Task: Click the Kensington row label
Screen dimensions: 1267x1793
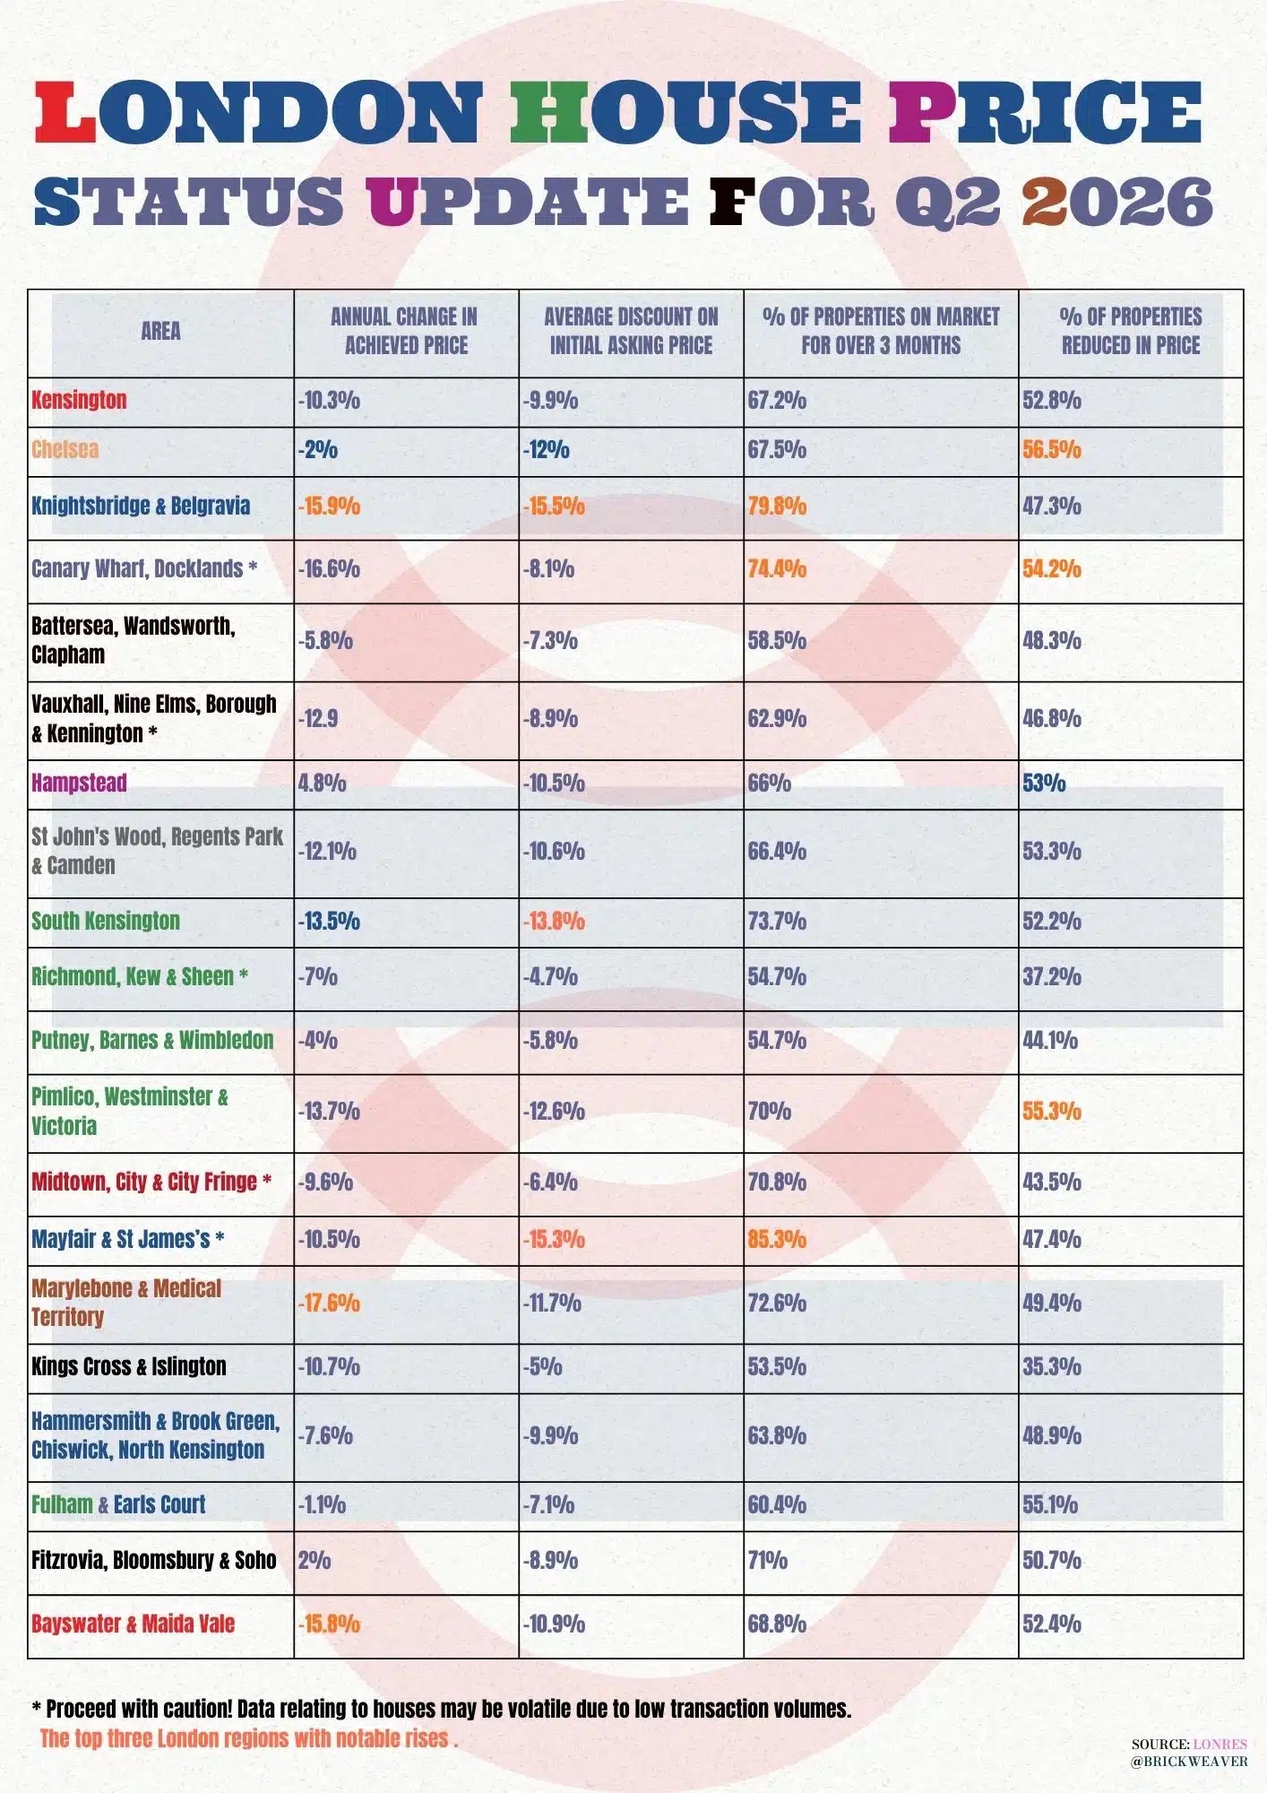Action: [x=79, y=400]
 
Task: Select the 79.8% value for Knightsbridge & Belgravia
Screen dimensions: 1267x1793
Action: [x=777, y=507]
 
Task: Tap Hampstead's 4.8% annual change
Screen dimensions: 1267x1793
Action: [x=322, y=783]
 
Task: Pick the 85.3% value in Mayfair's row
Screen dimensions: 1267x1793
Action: [x=777, y=1240]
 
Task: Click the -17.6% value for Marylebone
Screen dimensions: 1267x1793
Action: [x=329, y=1303]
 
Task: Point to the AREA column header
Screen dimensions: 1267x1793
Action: [x=160, y=331]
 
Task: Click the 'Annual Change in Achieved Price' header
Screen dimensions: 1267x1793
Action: [x=406, y=331]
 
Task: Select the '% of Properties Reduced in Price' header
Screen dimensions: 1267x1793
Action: [x=1131, y=331]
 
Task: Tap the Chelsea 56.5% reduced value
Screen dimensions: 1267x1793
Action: [x=1052, y=450]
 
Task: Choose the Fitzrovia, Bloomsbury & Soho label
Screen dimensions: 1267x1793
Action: [x=153, y=1561]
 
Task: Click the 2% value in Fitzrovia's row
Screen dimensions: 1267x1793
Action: [x=315, y=1561]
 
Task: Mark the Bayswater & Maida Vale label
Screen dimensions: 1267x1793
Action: [x=133, y=1624]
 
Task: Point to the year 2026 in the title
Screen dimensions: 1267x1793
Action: [x=1117, y=201]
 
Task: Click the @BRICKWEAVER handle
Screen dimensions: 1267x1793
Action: [x=1189, y=1762]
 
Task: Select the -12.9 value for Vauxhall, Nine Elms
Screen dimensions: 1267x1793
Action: [x=318, y=719]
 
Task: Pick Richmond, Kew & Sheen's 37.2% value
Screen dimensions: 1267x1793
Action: [x=1052, y=977]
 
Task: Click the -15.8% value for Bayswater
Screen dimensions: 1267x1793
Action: [x=329, y=1624]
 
